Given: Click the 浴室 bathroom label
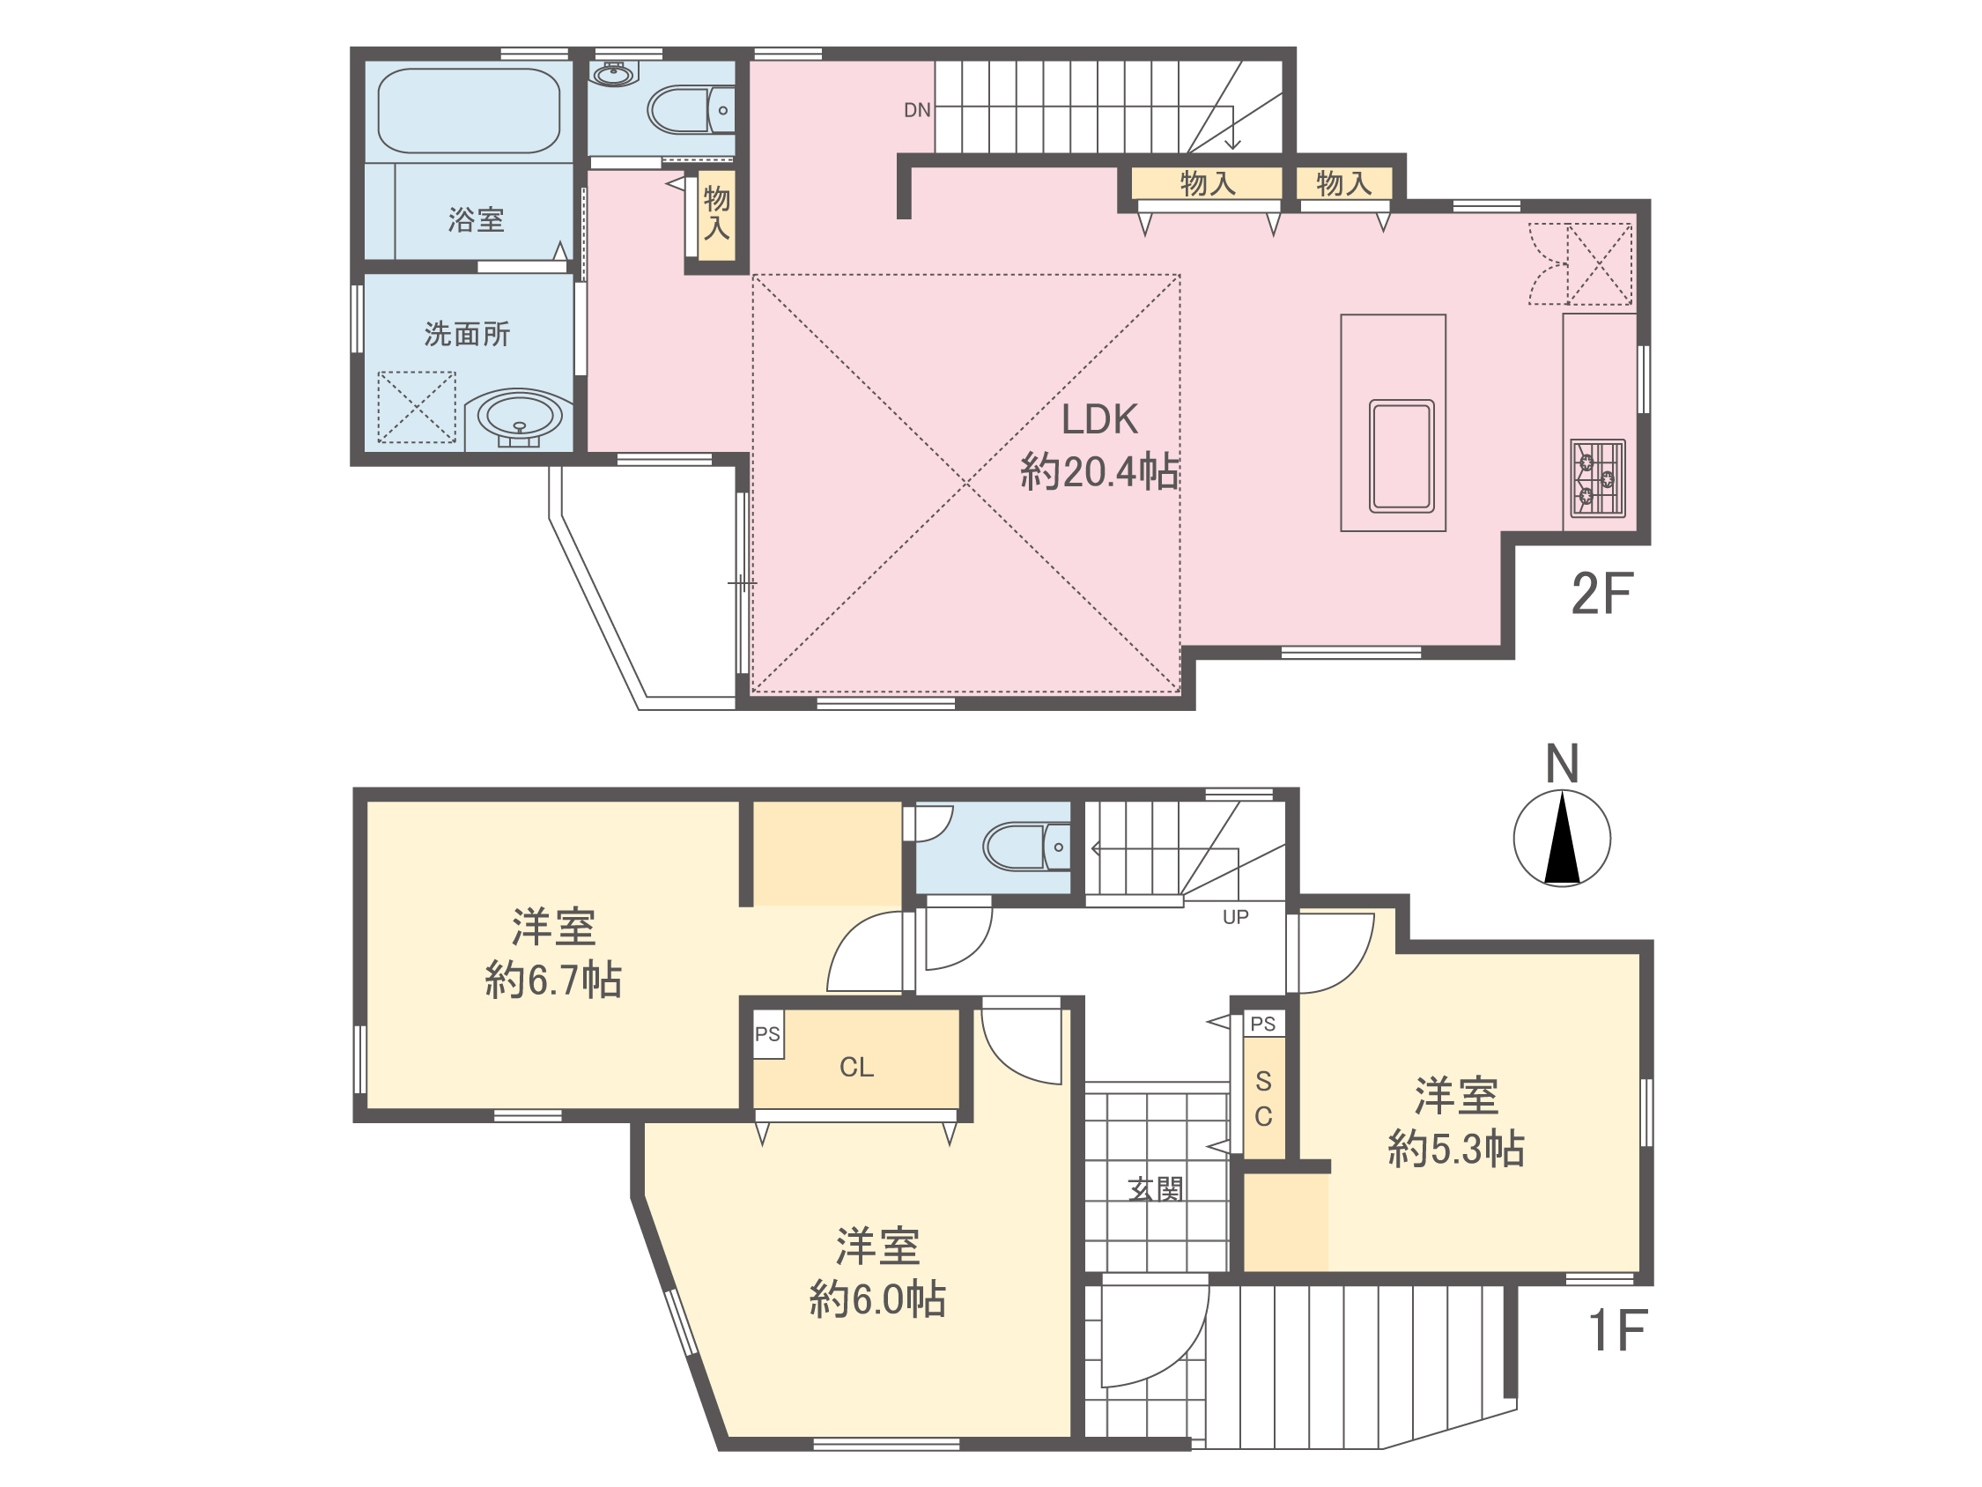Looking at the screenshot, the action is pos(476,219).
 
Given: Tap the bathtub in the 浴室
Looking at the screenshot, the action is pos(469,111).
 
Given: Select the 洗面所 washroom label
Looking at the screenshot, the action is pos(467,335).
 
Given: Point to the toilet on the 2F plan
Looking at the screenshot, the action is pos(691,109).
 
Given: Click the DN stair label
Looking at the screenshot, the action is pos(917,110).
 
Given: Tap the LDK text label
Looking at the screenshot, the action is pos(1099,419).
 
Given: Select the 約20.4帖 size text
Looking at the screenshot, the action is pos(1099,471).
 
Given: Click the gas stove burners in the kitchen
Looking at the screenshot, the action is pos(1598,477).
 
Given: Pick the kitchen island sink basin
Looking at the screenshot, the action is pos(1401,456).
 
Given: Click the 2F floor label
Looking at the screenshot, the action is pos(1602,594).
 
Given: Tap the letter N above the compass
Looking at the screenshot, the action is pos(1562,764).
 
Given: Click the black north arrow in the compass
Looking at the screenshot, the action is pos(1562,838).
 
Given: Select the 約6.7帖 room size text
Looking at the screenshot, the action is pos(553,980).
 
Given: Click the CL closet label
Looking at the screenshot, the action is pos(856,1067).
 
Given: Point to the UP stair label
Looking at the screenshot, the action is pos(1236,917).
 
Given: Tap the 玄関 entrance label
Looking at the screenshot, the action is pos(1156,1189).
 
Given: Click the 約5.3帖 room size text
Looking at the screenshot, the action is pos(1456,1148).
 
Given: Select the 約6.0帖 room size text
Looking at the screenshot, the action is pos(877,1298).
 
